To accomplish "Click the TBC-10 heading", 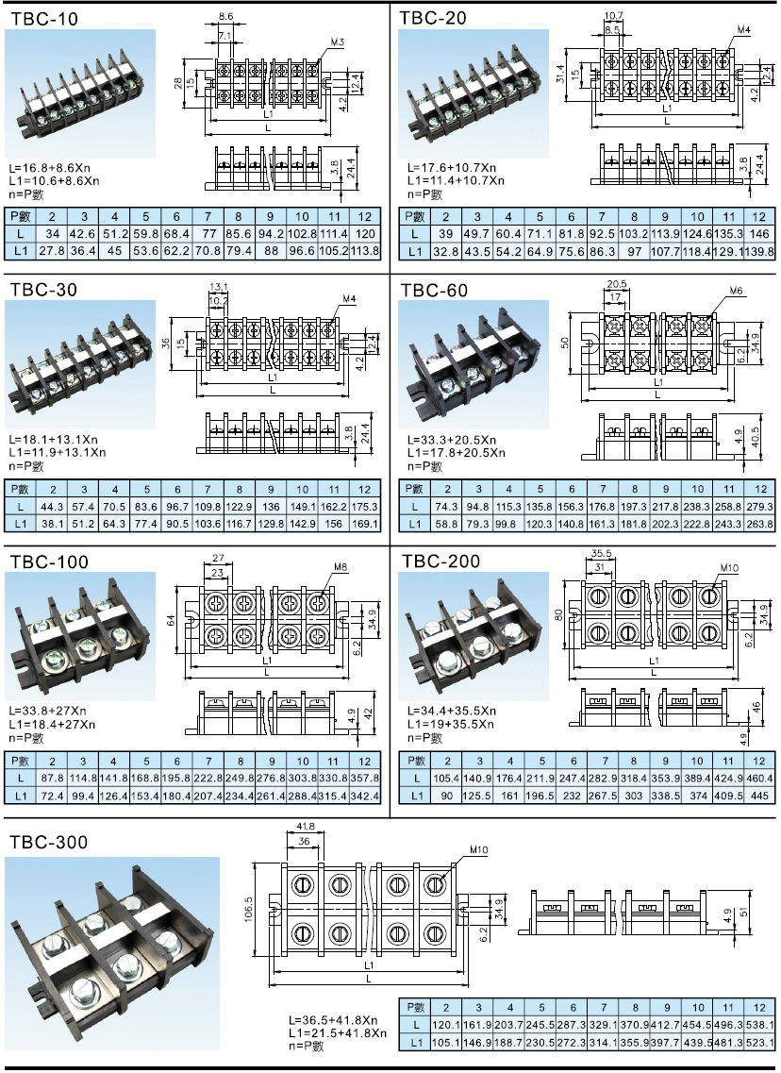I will click(x=44, y=18).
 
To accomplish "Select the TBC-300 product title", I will click(x=49, y=841).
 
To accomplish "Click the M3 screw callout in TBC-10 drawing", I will click(x=338, y=42).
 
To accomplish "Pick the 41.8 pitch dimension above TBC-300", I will click(x=304, y=826).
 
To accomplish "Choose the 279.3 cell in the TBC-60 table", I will click(x=758, y=506).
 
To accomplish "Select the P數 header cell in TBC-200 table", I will click(x=415, y=761).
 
